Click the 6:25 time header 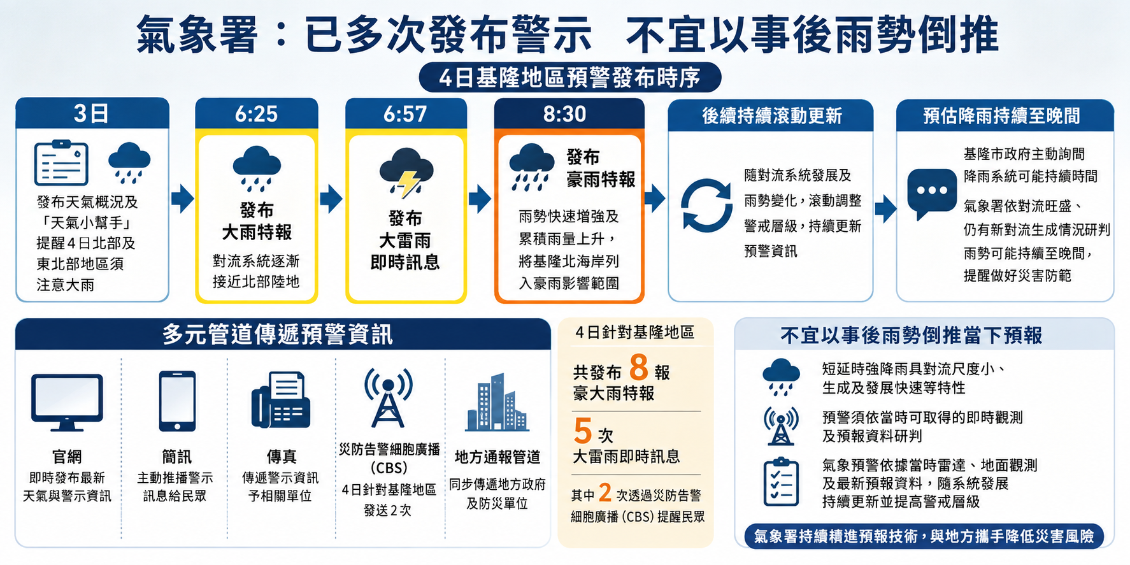[x=256, y=114]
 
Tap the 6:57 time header [x=405, y=114]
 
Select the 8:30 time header [x=564, y=114]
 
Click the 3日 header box [x=92, y=113]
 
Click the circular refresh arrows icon [x=706, y=206]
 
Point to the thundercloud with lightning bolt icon [x=406, y=172]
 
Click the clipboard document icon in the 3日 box [x=61, y=163]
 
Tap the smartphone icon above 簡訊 [x=177, y=401]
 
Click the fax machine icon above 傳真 [x=280, y=400]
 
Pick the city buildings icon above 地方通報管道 [x=497, y=403]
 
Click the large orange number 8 [x=639, y=368]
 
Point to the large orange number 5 [x=583, y=431]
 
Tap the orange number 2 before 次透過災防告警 [x=605, y=493]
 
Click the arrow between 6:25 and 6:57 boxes [x=331, y=199]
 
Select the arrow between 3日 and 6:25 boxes [x=183, y=199]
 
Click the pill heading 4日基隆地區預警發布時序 [x=570, y=78]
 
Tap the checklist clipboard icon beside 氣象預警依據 [x=781, y=482]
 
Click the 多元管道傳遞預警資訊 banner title [x=278, y=334]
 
